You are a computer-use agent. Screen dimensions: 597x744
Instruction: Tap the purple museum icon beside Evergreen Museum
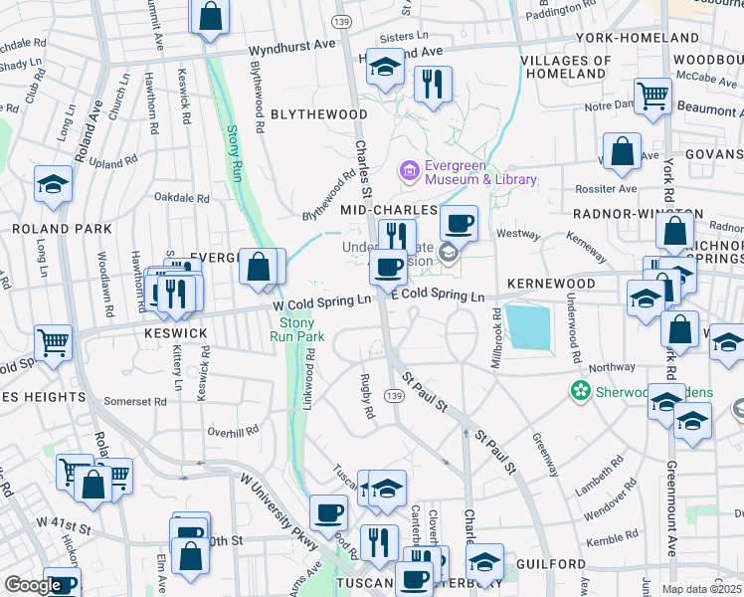tap(409, 172)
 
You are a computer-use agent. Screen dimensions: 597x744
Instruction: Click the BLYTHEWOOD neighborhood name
tap(318, 114)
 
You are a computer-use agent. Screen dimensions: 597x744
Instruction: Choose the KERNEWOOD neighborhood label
tap(550, 284)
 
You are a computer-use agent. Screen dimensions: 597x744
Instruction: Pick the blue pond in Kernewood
tap(528, 326)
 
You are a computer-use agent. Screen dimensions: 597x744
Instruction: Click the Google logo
tap(33, 586)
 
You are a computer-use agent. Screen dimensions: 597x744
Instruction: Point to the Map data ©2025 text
tap(702, 589)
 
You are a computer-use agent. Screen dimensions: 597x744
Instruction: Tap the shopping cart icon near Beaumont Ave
tap(652, 97)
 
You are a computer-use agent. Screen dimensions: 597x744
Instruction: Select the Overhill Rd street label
tap(233, 431)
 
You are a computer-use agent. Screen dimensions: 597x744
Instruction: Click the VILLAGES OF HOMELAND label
tap(565, 67)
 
